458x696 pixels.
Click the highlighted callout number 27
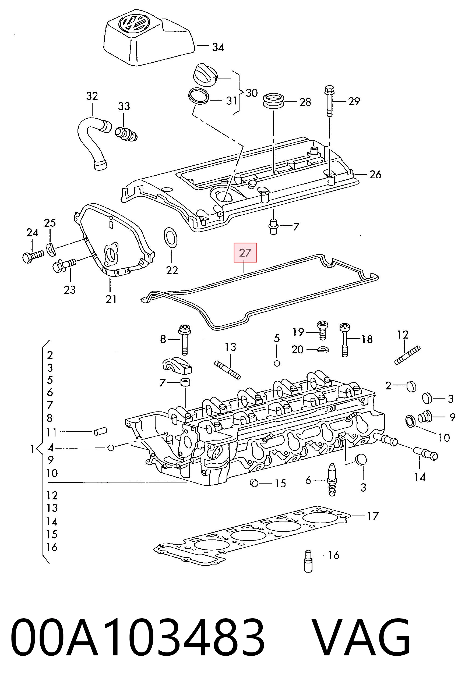click(x=245, y=252)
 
